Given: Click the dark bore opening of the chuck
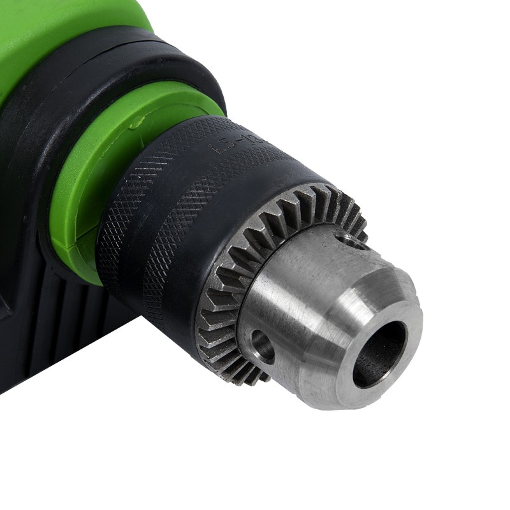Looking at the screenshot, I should pos(381,352).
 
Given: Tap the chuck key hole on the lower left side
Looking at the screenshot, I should pos(262,346).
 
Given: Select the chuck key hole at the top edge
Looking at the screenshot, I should pos(353,240).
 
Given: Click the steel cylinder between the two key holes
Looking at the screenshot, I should pos(300,287).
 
